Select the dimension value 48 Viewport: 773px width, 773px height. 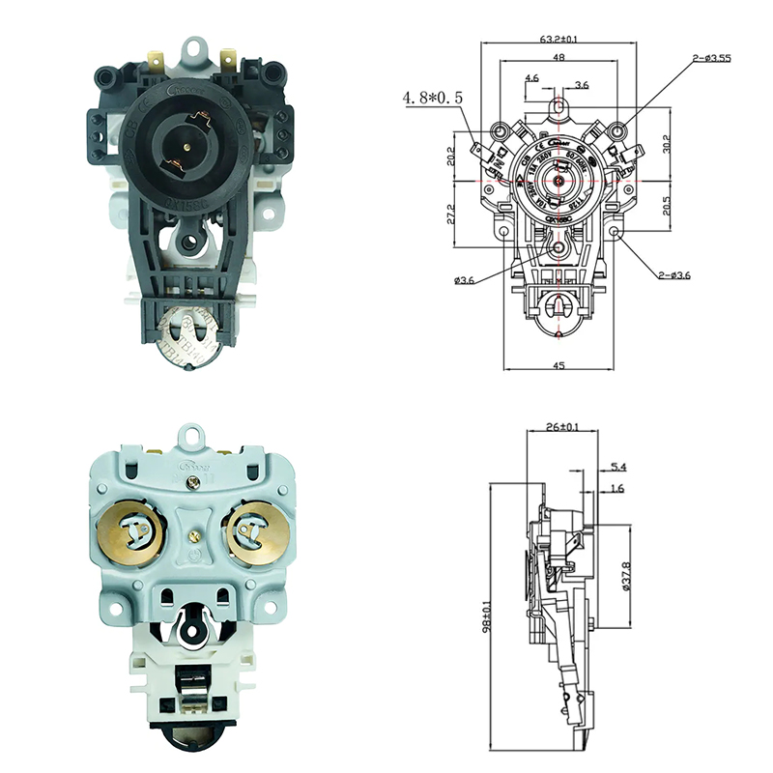click(558, 58)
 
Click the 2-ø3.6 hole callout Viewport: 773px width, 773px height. click(675, 276)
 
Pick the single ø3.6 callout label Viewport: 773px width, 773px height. click(466, 281)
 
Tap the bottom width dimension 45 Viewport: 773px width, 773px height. click(559, 365)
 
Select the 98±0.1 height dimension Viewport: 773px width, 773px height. click(489, 615)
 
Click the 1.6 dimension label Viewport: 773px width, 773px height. click(617, 489)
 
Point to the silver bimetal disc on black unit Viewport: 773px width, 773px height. click(184, 338)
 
